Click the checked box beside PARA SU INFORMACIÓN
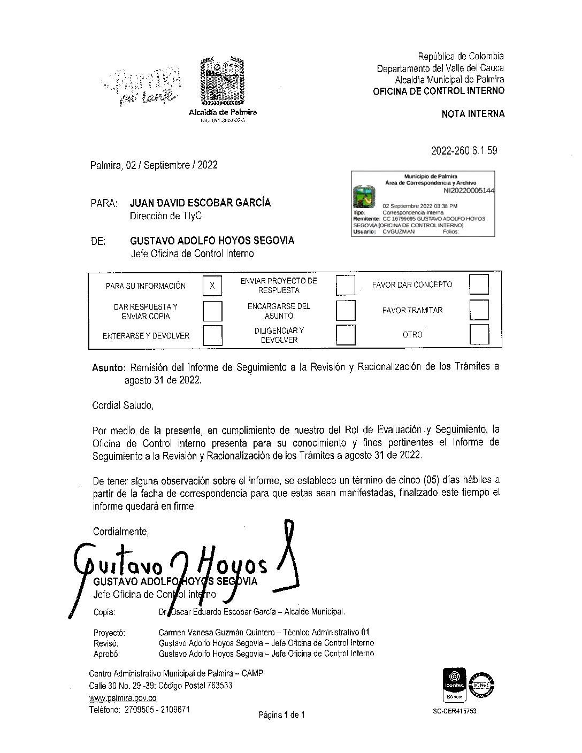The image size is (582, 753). point(212,286)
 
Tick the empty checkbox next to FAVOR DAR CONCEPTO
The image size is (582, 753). point(478,284)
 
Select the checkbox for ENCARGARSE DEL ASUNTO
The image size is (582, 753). point(345,311)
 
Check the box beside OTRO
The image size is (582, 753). point(478,335)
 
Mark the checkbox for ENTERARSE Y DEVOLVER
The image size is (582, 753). point(212,336)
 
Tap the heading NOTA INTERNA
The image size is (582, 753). point(473,113)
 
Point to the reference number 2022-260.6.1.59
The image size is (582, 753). point(464,151)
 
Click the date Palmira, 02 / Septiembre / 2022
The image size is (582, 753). point(154,165)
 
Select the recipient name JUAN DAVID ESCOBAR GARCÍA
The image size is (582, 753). point(200,203)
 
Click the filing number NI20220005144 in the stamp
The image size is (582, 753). point(469,190)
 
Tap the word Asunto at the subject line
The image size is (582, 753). point(109,367)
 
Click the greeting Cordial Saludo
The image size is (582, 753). point(123,405)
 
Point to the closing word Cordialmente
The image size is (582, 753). point(120,532)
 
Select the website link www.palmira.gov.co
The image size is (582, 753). point(122,698)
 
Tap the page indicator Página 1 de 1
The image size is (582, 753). point(281,714)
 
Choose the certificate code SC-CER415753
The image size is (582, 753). point(454,712)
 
